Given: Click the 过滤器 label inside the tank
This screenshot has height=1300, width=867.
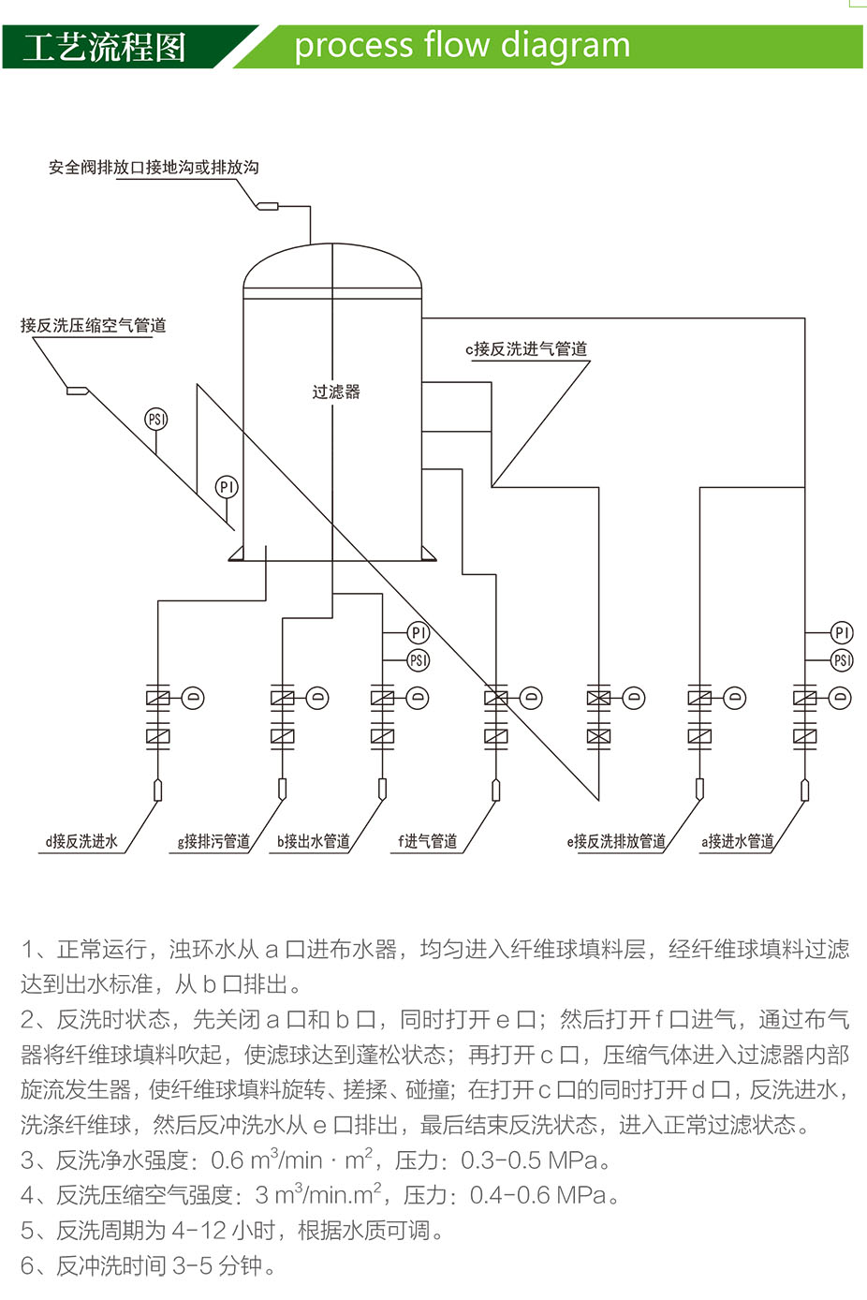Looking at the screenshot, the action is click(336, 391).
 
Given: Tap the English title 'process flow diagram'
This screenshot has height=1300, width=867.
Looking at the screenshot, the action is click(462, 46).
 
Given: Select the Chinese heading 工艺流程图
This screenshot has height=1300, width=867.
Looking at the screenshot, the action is click(105, 48).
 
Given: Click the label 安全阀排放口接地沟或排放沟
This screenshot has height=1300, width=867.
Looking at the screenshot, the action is click(154, 167).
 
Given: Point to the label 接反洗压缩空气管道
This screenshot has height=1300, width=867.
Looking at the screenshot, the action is click(94, 325).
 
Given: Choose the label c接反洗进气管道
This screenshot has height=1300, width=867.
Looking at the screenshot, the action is click(526, 348).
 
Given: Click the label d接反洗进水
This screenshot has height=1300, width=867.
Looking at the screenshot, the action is click(81, 841).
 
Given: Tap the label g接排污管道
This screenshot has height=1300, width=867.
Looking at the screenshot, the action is click(213, 841).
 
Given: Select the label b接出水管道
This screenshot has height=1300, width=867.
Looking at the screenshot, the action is click(314, 841).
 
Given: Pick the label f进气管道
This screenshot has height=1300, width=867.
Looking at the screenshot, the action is click(428, 841).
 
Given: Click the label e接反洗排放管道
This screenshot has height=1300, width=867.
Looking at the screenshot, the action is click(616, 841).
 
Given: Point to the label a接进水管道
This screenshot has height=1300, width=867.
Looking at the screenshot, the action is click(738, 841).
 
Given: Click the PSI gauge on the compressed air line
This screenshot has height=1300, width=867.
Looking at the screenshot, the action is click(156, 419).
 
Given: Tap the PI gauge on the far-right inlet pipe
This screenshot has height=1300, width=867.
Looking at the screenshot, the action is click(842, 632).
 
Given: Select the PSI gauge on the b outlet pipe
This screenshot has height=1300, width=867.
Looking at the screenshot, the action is click(418, 660).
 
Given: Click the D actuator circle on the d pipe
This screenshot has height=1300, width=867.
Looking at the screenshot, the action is click(193, 698).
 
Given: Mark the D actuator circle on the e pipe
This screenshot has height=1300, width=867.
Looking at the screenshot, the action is click(634, 698).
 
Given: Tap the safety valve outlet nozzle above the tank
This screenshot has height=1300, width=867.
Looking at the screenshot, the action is click(268, 205).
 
